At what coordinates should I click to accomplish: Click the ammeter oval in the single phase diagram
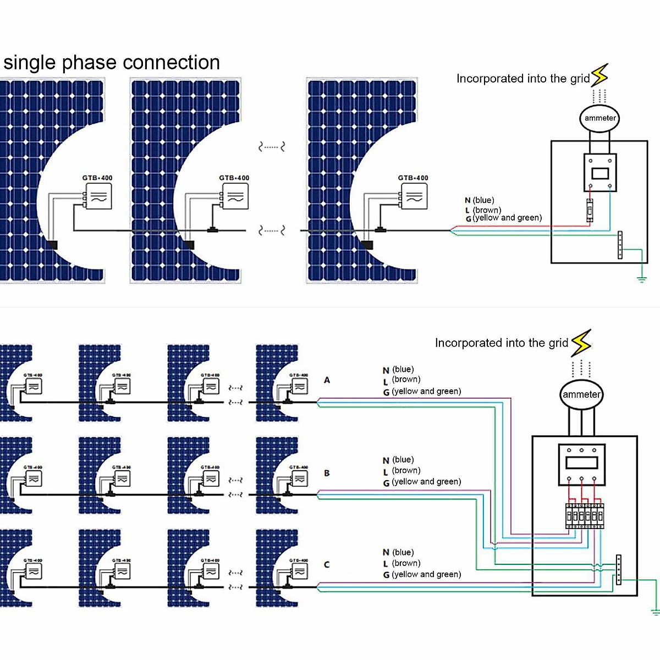coord(599,118)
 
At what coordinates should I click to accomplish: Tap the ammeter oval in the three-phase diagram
coord(581,394)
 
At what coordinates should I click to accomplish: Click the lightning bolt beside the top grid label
coord(599,75)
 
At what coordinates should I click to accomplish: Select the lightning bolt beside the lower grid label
coord(581,343)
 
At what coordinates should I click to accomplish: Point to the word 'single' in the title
coord(30,63)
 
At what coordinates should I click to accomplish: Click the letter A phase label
coord(327,380)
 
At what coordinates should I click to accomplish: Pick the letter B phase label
coord(327,473)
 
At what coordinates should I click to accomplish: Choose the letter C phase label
coord(327,564)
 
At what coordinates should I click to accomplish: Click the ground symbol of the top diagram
coord(641,279)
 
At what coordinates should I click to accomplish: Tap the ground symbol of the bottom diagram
coord(655,611)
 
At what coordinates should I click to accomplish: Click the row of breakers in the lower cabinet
coord(585,516)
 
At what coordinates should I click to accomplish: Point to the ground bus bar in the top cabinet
coord(620,245)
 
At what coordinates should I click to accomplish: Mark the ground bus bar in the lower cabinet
coord(618,570)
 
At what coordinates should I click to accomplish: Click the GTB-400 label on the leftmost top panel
coord(97,178)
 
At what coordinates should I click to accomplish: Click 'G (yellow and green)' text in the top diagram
coord(504,218)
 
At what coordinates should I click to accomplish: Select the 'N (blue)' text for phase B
coord(398,460)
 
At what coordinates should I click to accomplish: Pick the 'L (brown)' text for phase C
coord(402,563)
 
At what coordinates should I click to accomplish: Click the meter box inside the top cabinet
coord(599,173)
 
